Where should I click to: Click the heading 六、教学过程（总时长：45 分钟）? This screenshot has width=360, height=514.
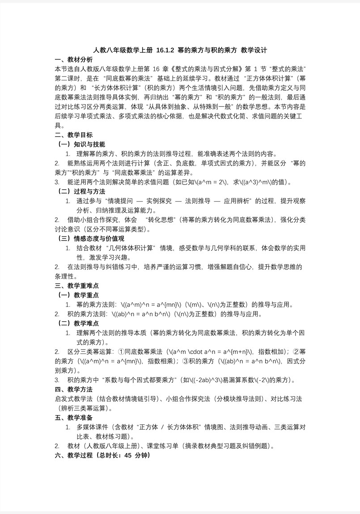[x=102, y=455]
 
